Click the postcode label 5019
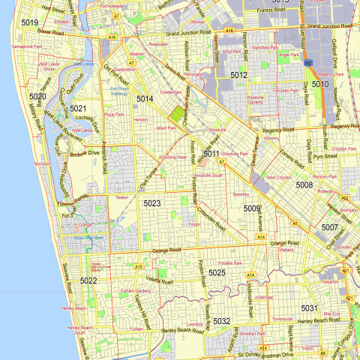[30, 23]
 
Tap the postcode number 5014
[145, 98]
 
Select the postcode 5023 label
[152, 203]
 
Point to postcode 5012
[238, 75]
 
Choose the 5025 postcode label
[217, 272]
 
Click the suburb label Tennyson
[41, 163]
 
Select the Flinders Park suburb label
[230, 263]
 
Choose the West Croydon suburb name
[279, 177]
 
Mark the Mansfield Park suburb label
[265, 47]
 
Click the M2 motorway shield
[307, 64]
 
